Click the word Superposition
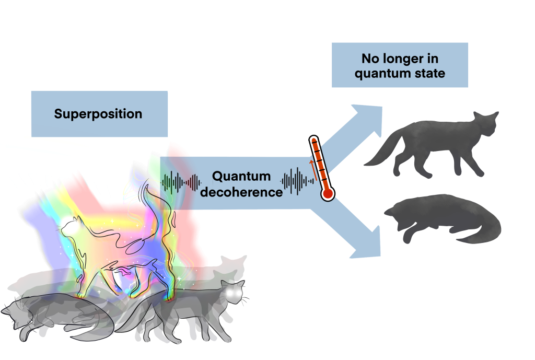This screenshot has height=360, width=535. click(x=98, y=114)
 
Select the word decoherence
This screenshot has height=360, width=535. click(x=241, y=192)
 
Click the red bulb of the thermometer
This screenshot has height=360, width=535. click(x=328, y=194)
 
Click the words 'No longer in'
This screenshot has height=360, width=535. click(x=400, y=59)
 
